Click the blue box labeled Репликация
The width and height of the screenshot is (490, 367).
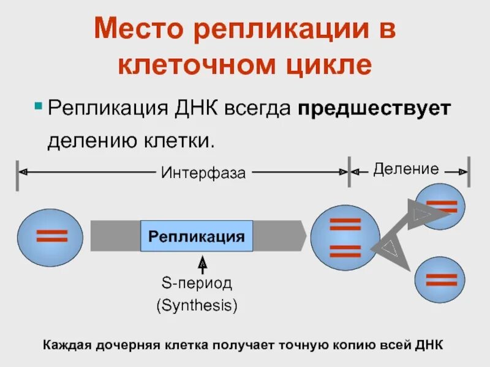pos(197,236)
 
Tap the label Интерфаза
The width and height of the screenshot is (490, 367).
pos(203,173)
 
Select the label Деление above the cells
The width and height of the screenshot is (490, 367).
pos(406,169)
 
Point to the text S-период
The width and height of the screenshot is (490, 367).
pos(197,283)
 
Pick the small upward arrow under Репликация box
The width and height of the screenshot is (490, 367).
pos(203,264)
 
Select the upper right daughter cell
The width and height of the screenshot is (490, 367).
pos(440,206)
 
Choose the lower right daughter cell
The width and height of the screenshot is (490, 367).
pos(441,281)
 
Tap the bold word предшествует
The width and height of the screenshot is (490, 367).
pos(374,108)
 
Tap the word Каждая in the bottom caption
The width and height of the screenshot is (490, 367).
pos(66,345)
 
